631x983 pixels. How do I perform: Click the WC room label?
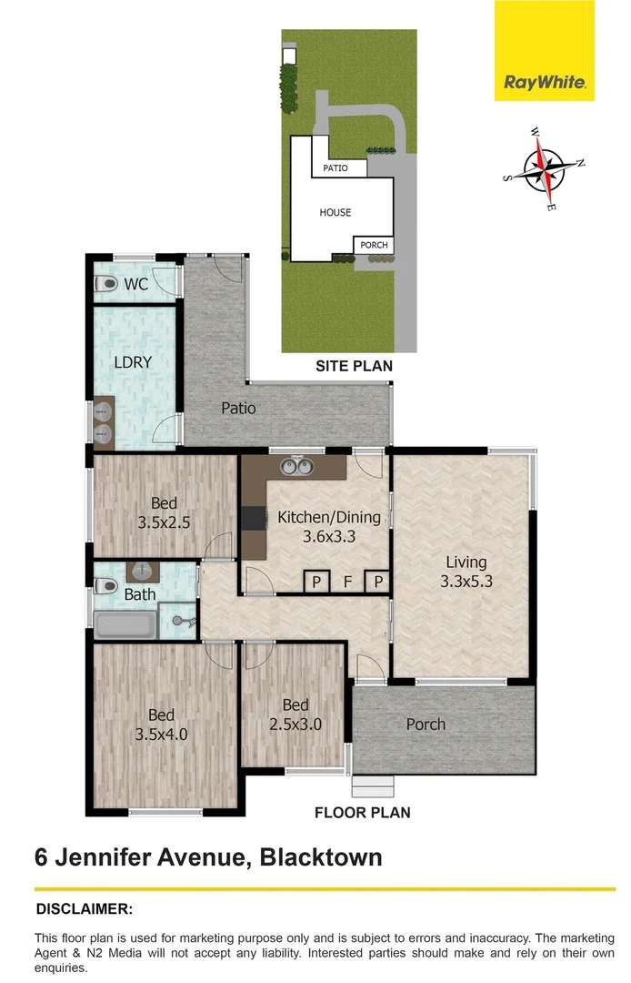pyautogui.click(x=136, y=284)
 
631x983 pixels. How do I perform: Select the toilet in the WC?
pyautogui.click(x=105, y=284)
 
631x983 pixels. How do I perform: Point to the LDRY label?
pyautogui.click(x=133, y=361)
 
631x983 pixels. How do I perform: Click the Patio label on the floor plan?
pyautogui.click(x=238, y=409)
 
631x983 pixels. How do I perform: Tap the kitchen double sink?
pyautogui.click(x=295, y=468)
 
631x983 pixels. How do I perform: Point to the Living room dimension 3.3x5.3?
pyautogui.click(x=466, y=582)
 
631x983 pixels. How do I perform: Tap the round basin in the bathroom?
pyautogui.click(x=142, y=572)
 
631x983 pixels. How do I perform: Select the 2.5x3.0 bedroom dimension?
pyautogui.click(x=295, y=725)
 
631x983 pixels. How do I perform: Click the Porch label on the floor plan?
pyautogui.click(x=426, y=725)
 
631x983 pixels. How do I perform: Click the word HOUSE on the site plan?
pyautogui.click(x=335, y=212)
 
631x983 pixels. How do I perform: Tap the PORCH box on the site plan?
pyautogui.click(x=374, y=245)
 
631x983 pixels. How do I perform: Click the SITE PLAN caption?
pyautogui.click(x=354, y=366)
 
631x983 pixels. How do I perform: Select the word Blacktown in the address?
pyautogui.click(x=320, y=856)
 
